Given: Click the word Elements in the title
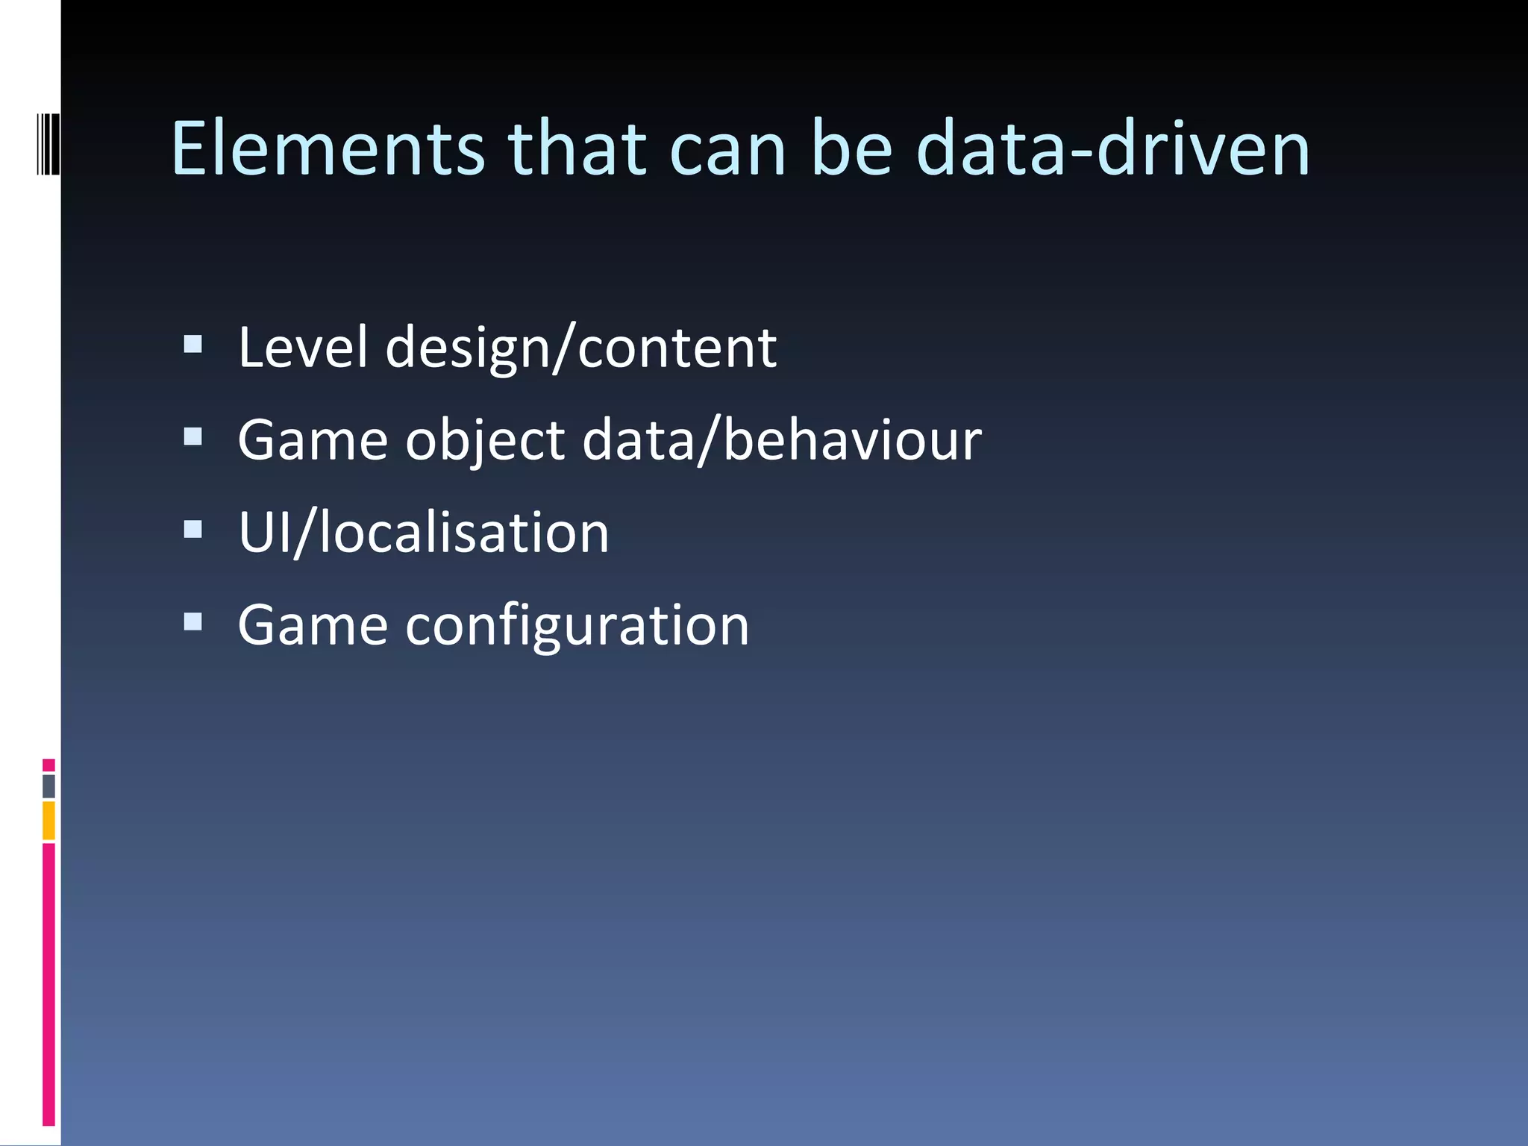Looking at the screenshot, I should coord(328,149).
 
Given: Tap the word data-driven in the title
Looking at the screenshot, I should coord(1112,149).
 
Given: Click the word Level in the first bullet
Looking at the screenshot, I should coord(303,348).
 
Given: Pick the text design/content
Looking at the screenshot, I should coord(581,349).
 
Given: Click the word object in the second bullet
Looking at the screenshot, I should coord(485,440).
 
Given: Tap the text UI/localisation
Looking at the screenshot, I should coord(423,533).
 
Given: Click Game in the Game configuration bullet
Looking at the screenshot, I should coord(313,625).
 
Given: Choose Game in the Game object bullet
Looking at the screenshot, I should coord(313,440).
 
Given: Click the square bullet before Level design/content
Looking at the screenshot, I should coord(192,343).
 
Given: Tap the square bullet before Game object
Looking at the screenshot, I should coord(192,436).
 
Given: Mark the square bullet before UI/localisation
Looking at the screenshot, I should coord(192,529).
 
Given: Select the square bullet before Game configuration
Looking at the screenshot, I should coord(192,621).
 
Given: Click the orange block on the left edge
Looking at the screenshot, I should coord(48,820).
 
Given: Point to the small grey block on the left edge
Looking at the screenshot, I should coord(48,786).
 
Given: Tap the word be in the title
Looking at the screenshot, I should coord(851,149).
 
